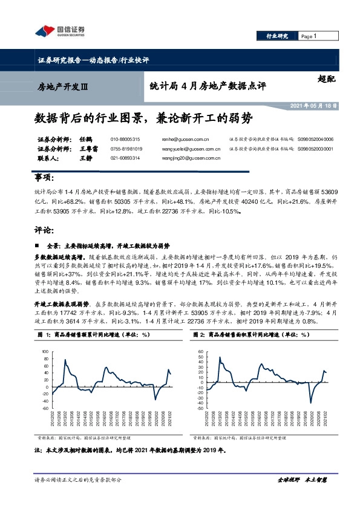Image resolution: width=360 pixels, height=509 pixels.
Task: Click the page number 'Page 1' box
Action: pyautogui.click(x=310, y=36)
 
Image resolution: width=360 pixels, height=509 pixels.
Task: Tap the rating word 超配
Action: pyautogui.click(x=325, y=78)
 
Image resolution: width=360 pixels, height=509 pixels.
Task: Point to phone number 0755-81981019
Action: pyautogui.click(x=126, y=148)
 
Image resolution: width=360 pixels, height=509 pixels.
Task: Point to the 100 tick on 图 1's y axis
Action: pyautogui.click(x=45, y=351)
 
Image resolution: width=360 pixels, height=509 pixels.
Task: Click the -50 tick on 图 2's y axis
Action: pyautogui.click(x=200, y=409)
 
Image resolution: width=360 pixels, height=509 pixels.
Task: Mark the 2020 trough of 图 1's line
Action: pyautogui.click(x=155, y=400)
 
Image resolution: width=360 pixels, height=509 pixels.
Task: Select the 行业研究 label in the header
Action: pyautogui.click(x=277, y=36)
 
